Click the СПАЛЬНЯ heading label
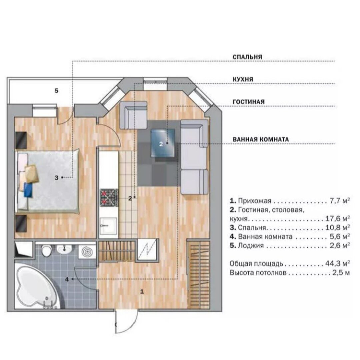[247, 57]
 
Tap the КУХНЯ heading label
[243, 79]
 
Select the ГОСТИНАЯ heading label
[249, 102]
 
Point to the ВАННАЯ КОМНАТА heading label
[261, 139]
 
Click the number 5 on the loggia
[56, 91]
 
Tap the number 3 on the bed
[56, 177]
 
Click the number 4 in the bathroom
[67, 279]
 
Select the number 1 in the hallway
[142, 292]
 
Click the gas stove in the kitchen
[109, 198]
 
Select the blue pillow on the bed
[28, 190]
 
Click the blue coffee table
[163, 143]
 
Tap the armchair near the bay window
[133, 115]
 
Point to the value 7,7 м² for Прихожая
[340, 201]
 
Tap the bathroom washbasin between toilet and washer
[65, 250]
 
